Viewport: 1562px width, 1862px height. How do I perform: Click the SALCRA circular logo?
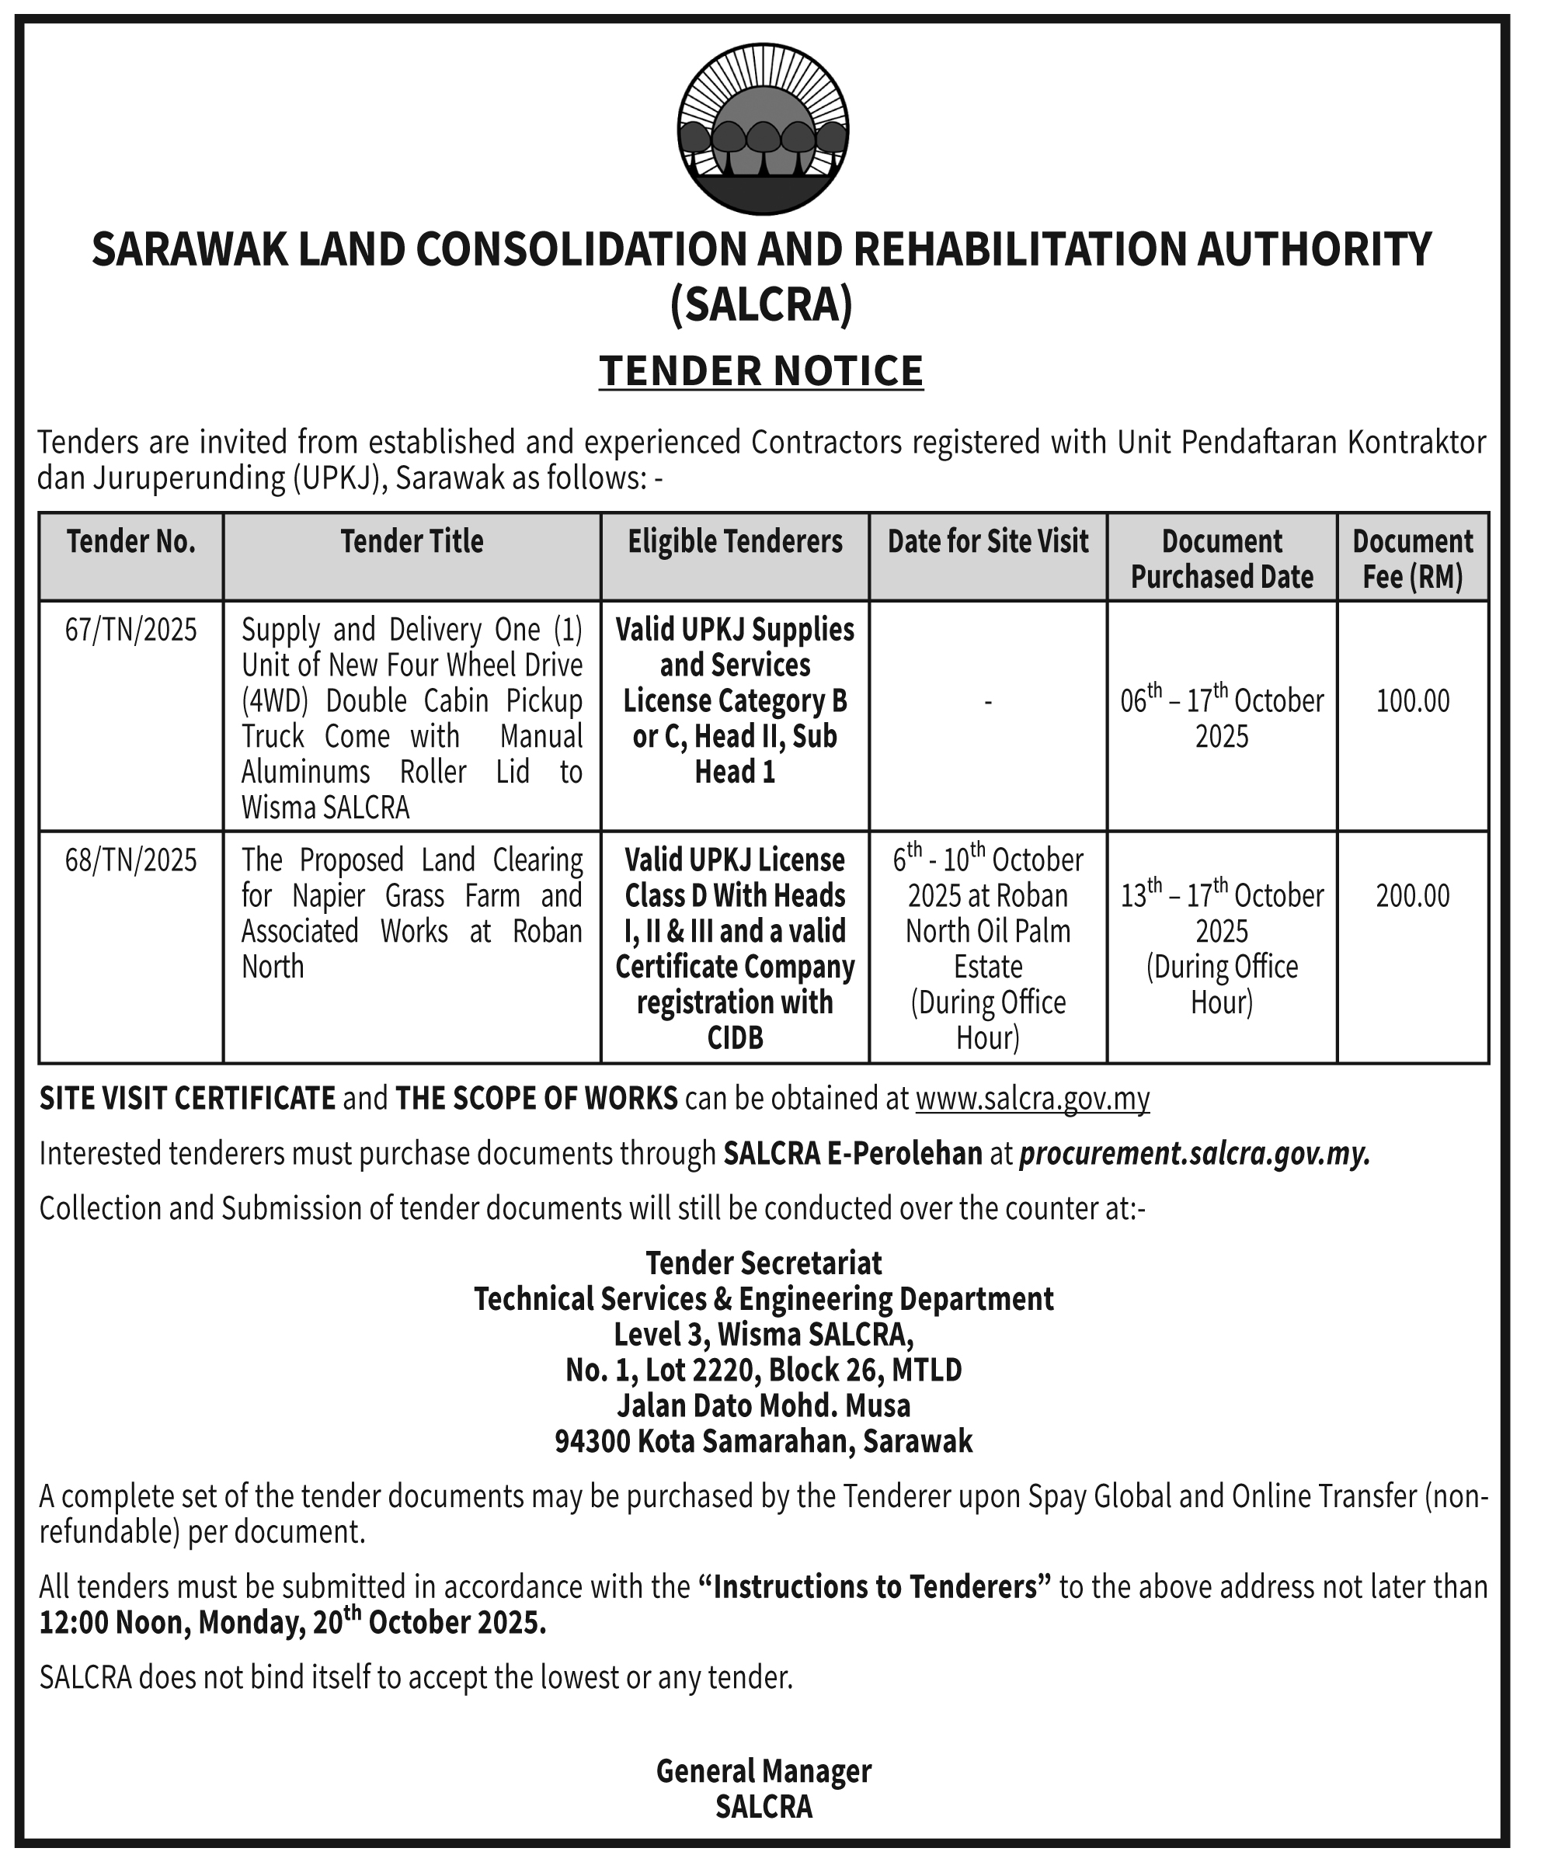coord(762,130)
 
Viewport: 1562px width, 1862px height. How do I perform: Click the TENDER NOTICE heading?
coord(761,370)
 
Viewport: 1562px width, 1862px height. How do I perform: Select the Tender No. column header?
coord(130,541)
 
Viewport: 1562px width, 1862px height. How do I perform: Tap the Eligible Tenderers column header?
coord(735,541)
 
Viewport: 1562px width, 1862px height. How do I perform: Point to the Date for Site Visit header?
coord(987,541)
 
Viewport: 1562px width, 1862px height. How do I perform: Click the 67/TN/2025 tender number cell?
coord(130,630)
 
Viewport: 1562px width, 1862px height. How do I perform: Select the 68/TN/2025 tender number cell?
coord(130,860)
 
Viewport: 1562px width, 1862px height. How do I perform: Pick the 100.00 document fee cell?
coord(1412,701)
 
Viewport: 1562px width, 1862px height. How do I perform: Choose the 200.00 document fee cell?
coord(1412,895)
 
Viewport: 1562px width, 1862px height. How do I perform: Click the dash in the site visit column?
coord(987,702)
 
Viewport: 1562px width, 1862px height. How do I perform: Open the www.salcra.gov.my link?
coord(1032,1099)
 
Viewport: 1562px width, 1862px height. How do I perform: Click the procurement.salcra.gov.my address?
coord(1195,1154)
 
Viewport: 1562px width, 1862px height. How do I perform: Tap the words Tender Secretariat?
coord(763,1263)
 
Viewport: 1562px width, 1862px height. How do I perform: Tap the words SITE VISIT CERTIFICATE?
coord(187,1099)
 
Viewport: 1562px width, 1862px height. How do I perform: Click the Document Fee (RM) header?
coord(1412,558)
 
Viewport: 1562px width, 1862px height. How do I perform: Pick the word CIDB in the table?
coord(735,1038)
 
